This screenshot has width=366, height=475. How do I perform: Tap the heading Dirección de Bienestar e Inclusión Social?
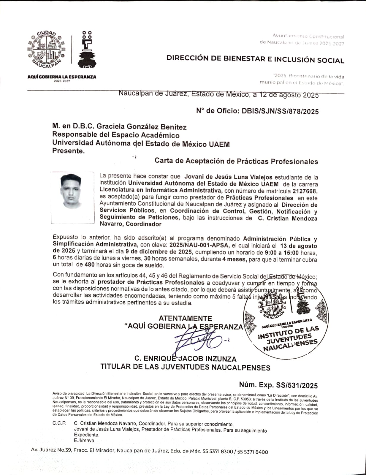click(255, 59)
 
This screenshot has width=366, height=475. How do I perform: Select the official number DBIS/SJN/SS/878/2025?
click(280, 111)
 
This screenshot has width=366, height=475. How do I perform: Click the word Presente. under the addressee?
click(68, 151)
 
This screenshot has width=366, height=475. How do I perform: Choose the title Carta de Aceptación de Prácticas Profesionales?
click(236, 161)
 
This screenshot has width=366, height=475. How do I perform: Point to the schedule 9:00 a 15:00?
click(282, 253)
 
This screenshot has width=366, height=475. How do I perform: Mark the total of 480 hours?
click(90, 265)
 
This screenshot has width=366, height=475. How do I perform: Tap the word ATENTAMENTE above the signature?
click(185, 319)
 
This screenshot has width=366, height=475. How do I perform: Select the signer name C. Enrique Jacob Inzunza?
click(185, 358)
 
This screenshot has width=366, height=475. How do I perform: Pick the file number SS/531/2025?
click(297, 385)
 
